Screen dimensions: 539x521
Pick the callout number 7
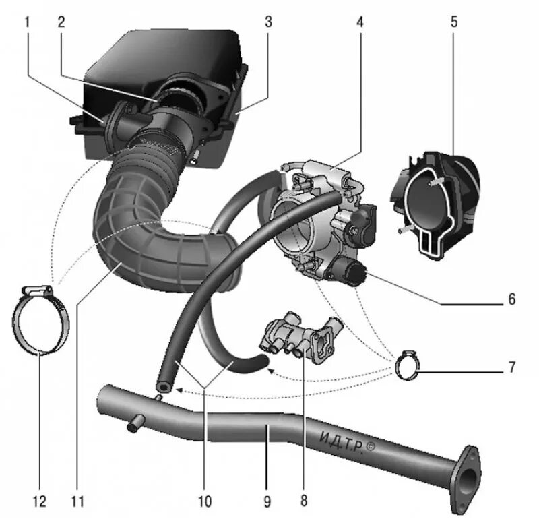point(511,368)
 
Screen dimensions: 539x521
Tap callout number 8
point(303,501)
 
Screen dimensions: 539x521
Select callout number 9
point(267,501)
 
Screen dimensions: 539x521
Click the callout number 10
point(205,501)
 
